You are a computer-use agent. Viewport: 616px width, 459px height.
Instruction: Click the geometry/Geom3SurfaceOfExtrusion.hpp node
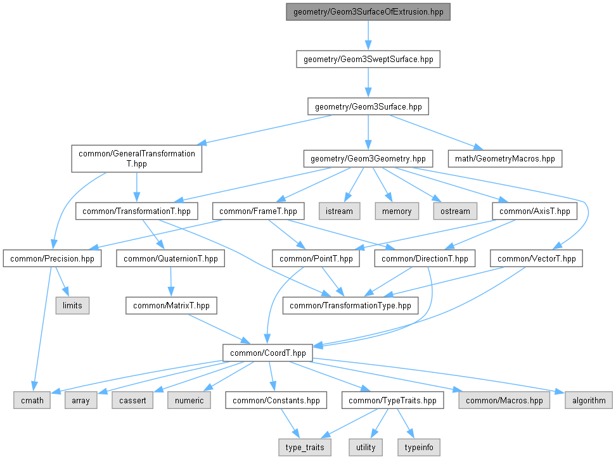click(368, 12)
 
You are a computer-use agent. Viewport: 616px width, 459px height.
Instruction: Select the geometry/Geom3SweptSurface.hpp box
click(368, 60)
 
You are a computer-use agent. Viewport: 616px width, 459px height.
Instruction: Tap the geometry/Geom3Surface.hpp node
click(368, 106)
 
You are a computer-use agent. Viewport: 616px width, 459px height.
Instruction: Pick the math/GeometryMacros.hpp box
click(505, 158)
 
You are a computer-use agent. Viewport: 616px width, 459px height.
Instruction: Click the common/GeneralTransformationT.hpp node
click(136, 158)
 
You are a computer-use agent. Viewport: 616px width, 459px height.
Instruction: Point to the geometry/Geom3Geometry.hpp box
click(368, 158)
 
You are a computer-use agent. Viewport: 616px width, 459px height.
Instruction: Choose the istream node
click(340, 211)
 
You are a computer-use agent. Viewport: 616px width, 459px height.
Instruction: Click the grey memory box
click(397, 211)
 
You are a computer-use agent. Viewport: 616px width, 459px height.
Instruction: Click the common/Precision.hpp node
click(52, 258)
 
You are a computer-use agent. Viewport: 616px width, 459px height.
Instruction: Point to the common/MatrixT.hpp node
click(172, 305)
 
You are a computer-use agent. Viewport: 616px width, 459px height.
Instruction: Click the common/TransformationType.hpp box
click(350, 305)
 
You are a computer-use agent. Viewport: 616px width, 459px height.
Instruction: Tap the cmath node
click(32, 400)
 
